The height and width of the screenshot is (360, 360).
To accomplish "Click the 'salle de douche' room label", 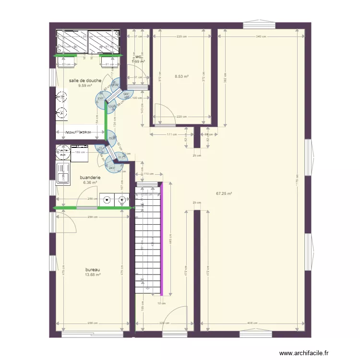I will (85, 81).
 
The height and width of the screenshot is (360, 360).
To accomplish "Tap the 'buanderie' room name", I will (90, 177).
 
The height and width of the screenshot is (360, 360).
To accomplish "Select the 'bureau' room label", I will (93, 270).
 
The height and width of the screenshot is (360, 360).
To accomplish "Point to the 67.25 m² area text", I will (224, 193).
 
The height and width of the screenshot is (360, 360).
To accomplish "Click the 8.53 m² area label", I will (181, 76).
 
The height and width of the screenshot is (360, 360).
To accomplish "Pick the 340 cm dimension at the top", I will (261, 36).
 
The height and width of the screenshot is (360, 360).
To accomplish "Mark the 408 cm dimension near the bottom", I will (252, 323).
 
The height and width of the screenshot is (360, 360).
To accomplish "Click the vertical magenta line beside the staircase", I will (161, 239).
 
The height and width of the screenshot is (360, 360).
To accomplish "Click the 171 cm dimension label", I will (172, 134).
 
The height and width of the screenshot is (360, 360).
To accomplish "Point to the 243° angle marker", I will (112, 168).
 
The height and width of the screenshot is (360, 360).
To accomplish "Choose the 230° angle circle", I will (100, 98).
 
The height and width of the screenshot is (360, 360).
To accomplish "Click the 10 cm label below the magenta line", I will (161, 303).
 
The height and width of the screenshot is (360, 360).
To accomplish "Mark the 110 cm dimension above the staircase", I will (148, 174).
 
